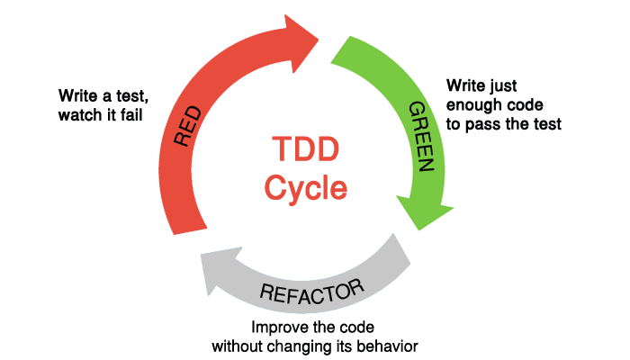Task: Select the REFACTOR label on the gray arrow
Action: click(x=312, y=292)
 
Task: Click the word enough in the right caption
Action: click(x=474, y=105)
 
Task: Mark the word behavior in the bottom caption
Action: click(x=389, y=346)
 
